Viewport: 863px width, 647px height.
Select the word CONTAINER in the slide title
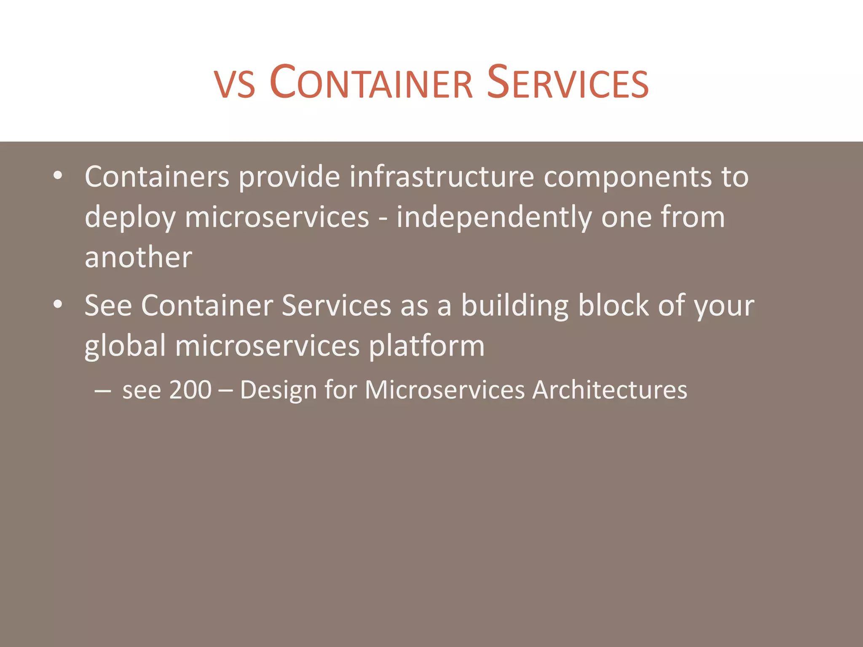tap(371, 83)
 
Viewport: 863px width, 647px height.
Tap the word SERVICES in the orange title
tap(568, 83)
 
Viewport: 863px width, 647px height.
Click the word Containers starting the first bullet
tap(157, 176)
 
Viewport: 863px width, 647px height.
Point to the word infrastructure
tap(442, 176)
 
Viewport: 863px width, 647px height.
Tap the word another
tap(138, 257)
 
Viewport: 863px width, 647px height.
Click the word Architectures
tap(610, 390)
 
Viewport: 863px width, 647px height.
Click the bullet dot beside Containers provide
tap(58, 176)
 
